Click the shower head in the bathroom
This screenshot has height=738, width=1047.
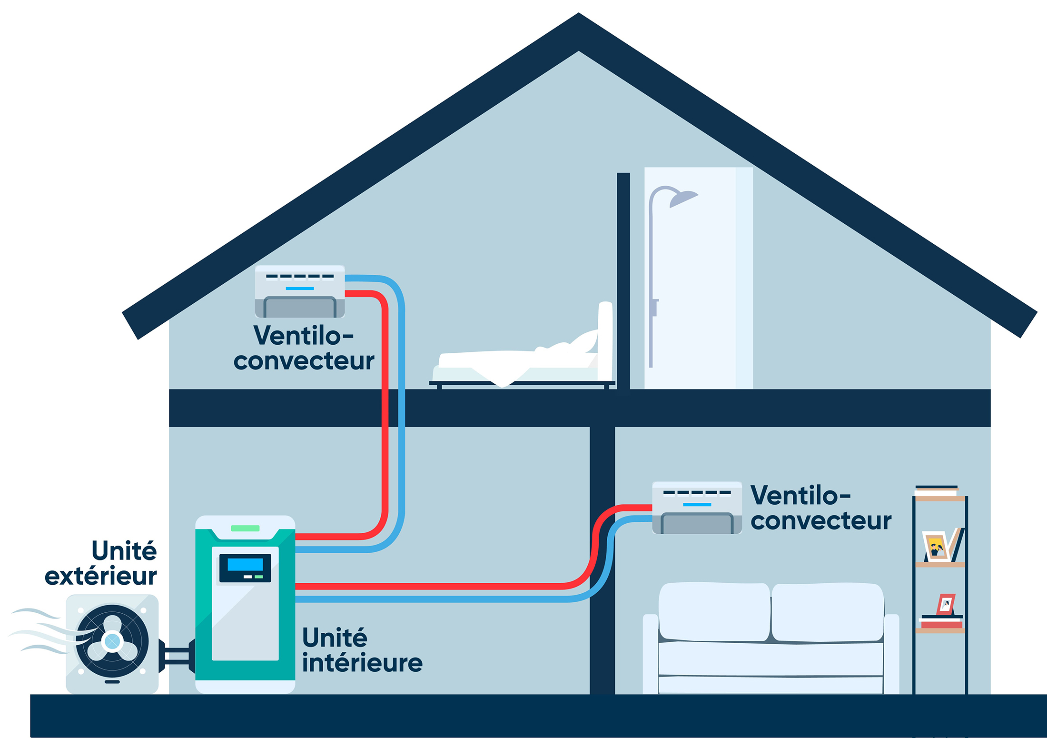pyautogui.click(x=683, y=198)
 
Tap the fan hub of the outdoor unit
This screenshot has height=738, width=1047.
pyautogui.click(x=112, y=641)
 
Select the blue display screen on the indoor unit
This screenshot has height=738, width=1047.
pyautogui.click(x=245, y=565)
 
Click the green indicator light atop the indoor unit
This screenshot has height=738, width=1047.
pyautogui.click(x=245, y=528)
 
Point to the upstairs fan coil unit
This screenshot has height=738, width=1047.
pyautogui.click(x=300, y=291)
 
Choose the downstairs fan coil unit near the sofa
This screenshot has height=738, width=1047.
pyautogui.click(x=697, y=508)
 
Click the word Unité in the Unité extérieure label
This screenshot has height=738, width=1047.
pyautogui.click(x=124, y=551)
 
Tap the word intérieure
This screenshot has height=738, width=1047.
pyautogui.click(x=362, y=663)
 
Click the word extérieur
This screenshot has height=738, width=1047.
pyautogui.click(x=101, y=576)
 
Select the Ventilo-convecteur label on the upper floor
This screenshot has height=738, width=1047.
pyautogui.click(x=304, y=348)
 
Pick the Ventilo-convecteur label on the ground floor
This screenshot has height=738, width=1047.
pyautogui.click(x=821, y=508)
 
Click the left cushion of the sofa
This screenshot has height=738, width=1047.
pyautogui.click(x=714, y=612)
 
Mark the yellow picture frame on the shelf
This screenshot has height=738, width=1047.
pyautogui.click(x=937, y=547)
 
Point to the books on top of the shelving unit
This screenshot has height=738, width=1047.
pyautogui.click(x=937, y=490)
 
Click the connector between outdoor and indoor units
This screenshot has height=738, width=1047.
pyautogui.click(x=177, y=656)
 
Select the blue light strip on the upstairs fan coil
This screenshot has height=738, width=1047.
pyautogui.click(x=300, y=289)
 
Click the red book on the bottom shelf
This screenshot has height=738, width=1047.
pyautogui.click(x=941, y=625)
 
